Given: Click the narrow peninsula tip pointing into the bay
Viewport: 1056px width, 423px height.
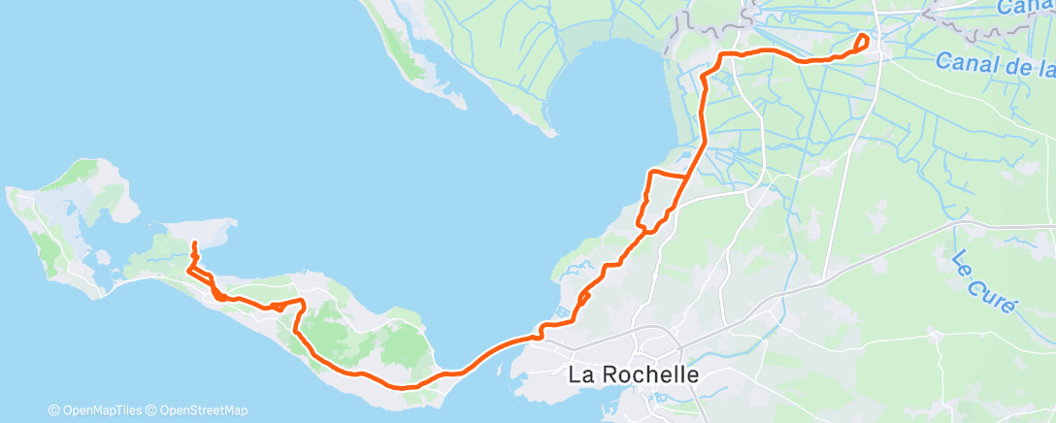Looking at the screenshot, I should pyautogui.click(x=548, y=131).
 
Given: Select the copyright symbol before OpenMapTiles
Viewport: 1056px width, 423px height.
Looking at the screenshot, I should pyautogui.click(x=53, y=410).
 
